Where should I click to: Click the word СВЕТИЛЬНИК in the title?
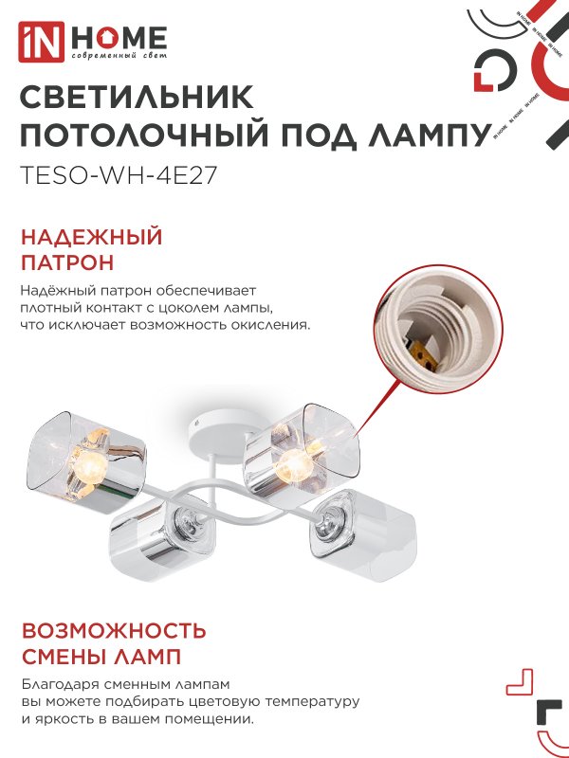tap(137, 99)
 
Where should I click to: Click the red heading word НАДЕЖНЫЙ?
tap(91, 237)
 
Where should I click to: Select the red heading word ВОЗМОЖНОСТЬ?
tap(113, 631)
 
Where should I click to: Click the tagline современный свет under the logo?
tap(119, 59)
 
